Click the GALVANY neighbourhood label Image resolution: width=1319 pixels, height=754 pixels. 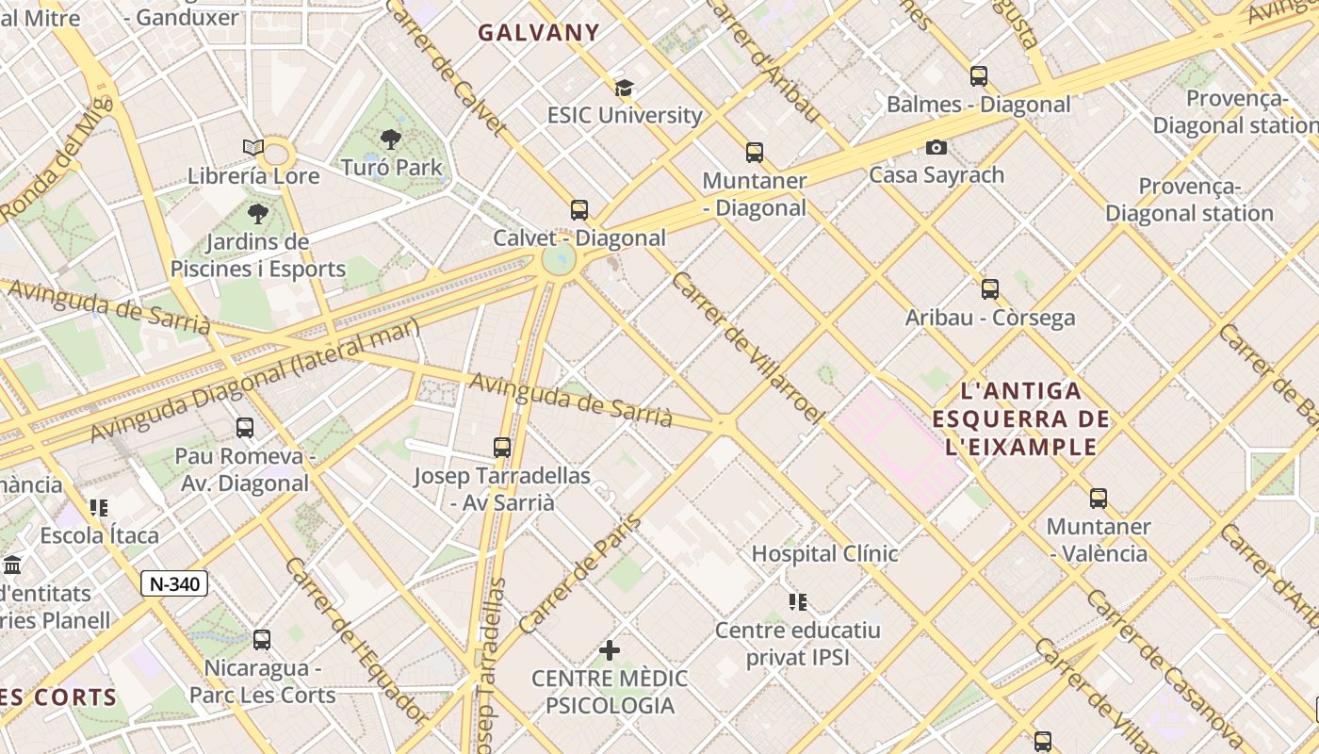point(538,32)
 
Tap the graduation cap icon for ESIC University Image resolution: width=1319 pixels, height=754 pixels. point(624,88)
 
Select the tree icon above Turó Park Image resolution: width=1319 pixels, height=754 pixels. point(391,139)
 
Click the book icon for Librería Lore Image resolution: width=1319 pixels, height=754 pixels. point(252,148)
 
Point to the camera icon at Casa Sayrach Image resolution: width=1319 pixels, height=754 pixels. point(936,147)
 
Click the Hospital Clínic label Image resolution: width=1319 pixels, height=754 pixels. point(824,553)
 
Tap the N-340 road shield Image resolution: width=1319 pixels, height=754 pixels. point(174,583)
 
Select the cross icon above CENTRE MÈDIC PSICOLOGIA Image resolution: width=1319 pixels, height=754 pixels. point(610,650)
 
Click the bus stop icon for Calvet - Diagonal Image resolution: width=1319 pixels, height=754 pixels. point(579,210)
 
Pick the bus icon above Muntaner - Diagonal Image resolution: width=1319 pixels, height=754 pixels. point(755,153)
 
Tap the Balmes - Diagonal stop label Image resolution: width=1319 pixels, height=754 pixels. point(978,104)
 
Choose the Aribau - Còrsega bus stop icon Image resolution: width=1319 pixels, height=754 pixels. point(990,289)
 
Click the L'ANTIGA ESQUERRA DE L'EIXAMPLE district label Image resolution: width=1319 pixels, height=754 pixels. point(1021,418)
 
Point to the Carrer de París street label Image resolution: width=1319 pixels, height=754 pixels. point(579,574)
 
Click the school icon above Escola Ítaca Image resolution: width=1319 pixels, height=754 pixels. point(99,508)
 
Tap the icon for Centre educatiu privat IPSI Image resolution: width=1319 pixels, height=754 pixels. point(798,601)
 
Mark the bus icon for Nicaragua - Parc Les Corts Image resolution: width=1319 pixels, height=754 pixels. point(262,640)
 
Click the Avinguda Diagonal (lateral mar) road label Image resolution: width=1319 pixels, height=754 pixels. point(254,380)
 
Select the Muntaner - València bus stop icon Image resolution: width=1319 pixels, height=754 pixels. point(1099,499)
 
